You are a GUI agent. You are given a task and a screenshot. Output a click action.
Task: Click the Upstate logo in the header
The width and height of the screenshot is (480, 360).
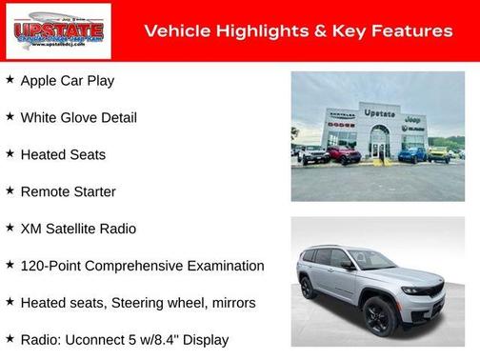pyautogui.click(x=58, y=30)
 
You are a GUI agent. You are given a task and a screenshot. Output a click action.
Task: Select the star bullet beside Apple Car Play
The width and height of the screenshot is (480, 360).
pyautogui.click(x=10, y=80)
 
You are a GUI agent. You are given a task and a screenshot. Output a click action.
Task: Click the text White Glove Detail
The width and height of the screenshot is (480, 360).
pyautogui.click(x=78, y=117)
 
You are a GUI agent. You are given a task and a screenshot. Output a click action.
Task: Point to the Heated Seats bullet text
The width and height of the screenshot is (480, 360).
pyautogui.click(x=63, y=154)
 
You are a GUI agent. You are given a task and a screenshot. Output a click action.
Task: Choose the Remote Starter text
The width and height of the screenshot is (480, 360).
pyautogui.click(x=68, y=191)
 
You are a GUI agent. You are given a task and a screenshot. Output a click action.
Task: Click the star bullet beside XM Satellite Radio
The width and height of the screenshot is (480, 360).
pyautogui.click(x=10, y=229)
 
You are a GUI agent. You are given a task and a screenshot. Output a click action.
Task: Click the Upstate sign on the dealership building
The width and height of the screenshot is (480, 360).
pyautogui.click(x=379, y=113)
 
